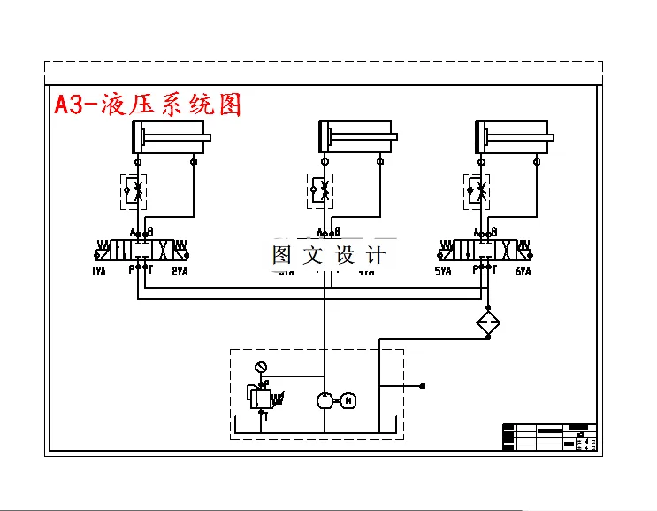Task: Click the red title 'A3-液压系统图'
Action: pyautogui.click(x=147, y=105)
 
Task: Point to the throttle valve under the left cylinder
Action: pyautogui.click(x=134, y=190)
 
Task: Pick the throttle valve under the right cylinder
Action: pyautogui.click(x=477, y=190)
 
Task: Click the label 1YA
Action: pyautogui.click(x=99, y=272)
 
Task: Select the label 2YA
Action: pyautogui.click(x=180, y=272)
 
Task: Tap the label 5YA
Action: pyautogui.click(x=444, y=272)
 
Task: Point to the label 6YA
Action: pyautogui.click(x=523, y=272)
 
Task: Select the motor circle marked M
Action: pyautogui.click(x=348, y=400)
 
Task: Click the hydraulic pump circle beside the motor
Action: pyautogui.click(x=325, y=400)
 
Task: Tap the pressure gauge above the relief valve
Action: pyautogui.click(x=259, y=368)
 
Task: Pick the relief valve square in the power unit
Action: pyautogui.click(x=260, y=398)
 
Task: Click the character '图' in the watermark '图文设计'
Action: pyautogui.click(x=282, y=256)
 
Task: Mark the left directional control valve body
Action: pyautogui.click(x=139, y=248)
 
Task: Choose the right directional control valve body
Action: pyautogui.click(x=483, y=248)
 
